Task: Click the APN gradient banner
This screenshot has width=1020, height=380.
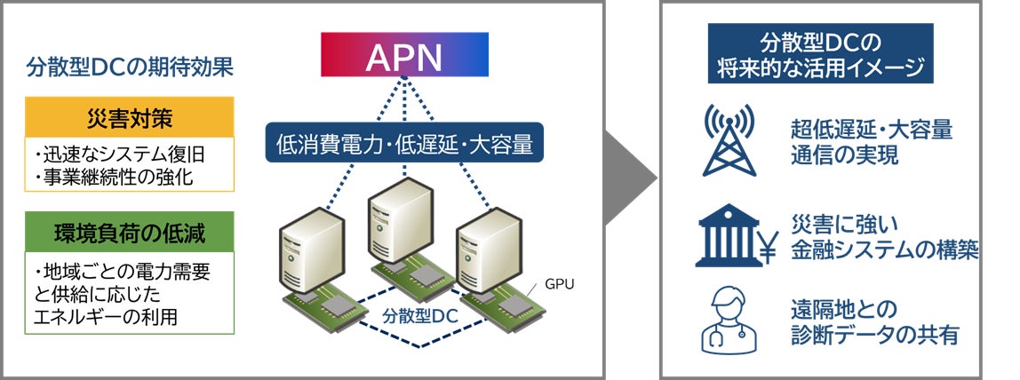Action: tap(404, 54)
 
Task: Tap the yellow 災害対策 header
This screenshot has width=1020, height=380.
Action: tap(129, 117)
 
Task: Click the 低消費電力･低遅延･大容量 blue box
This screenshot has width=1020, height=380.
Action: tap(404, 143)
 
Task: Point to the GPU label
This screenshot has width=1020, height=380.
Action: tap(560, 284)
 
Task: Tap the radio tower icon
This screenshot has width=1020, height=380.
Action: tap(729, 141)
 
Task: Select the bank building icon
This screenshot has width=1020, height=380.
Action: tap(728, 235)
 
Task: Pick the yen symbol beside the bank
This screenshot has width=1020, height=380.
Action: tap(768, 246)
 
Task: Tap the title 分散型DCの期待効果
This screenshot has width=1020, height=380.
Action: tap(130, 67)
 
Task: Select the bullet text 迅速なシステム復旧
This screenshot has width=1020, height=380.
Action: tap(120, 155)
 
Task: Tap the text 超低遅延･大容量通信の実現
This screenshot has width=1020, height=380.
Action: tap(872, 142)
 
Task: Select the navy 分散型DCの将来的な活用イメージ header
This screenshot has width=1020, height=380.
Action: tap(820, 53)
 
